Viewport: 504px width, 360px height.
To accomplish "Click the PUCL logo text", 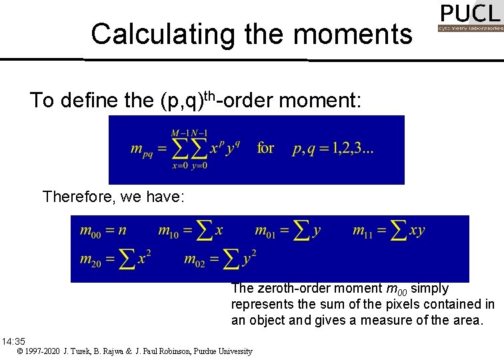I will [x=470, y=14].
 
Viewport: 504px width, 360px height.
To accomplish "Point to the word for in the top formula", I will [x=265, y=147].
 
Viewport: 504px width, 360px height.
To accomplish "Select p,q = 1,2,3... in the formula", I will [x=333, y=148].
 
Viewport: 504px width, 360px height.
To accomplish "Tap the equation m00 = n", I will [x=103, y=231].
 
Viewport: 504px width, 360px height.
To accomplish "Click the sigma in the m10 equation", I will [x=205, y=231].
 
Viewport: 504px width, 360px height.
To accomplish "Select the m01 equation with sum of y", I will [x=288, y=231].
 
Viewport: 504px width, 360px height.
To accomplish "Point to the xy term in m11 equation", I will [x=417, y=231].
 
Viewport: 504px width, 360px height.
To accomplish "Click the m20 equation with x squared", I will [x=116, y=259].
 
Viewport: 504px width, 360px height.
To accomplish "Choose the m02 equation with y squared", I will [x=220, y=259].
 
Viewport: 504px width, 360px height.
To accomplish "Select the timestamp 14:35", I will [x=13, y=341].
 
